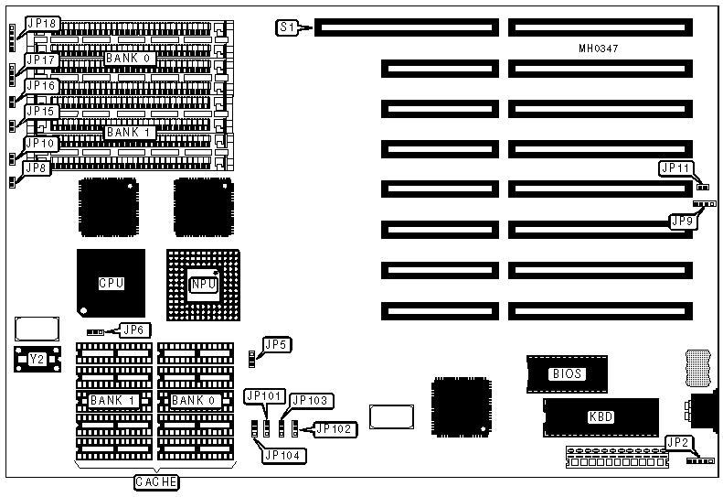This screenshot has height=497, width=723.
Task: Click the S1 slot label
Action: point(287,27)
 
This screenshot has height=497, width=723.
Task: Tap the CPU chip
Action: point(111,283)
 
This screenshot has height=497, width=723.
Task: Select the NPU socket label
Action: point(202,285)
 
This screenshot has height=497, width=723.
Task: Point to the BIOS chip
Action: point(567,373)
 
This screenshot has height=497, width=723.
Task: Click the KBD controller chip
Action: point(601,416)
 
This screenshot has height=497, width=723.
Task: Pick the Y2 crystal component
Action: point(37,360)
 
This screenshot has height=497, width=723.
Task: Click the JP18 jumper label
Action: point(41,22)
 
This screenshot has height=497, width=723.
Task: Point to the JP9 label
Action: point(683,221)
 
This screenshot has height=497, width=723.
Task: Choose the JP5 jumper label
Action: point(276,344)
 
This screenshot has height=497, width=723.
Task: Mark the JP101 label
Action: point(264,396)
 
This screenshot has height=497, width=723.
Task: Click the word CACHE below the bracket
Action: point(156,481)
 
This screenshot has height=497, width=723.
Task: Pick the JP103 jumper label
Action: point(311,400)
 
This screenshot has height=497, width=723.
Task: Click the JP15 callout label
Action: point(42,111)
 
